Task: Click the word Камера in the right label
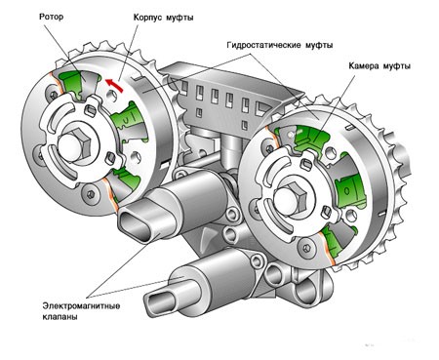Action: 367,66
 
